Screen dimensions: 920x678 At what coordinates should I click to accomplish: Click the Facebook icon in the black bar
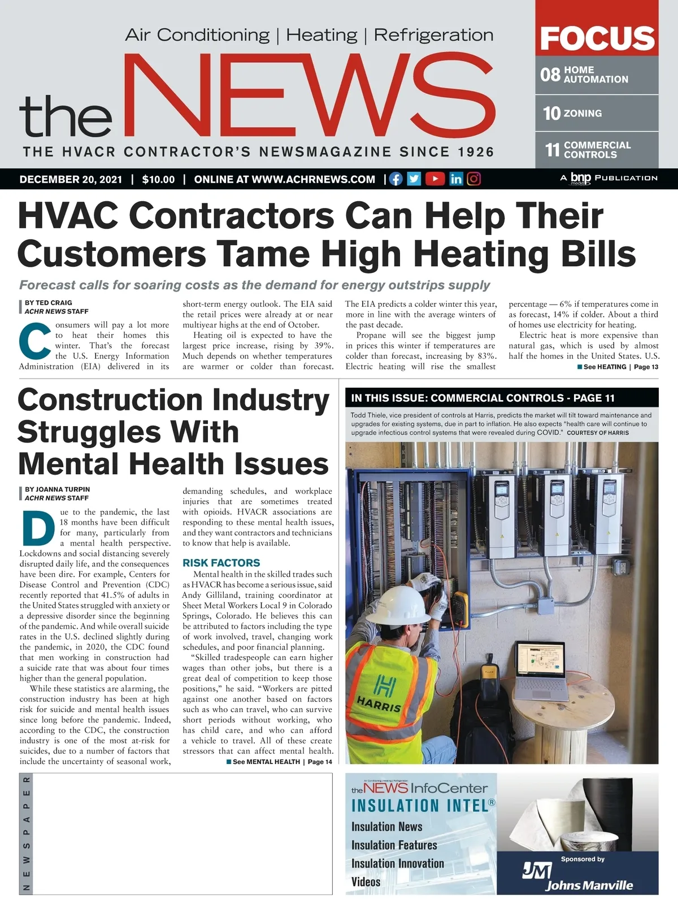coord(396,179)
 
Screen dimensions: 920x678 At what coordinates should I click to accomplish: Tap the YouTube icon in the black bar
coord(434,179)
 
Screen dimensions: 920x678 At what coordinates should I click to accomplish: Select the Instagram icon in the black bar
coord(474,179)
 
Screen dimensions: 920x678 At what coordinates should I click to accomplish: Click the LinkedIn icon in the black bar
coord(455,179)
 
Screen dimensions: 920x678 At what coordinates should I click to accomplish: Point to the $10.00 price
coord(158,180)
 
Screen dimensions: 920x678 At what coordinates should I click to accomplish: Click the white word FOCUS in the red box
coord(597,38)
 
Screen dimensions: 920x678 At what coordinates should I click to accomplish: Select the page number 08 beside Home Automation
coord(550,75)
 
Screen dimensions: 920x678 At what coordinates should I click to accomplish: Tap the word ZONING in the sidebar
coord(583,114)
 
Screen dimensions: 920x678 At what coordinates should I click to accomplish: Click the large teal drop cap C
coord(34,341)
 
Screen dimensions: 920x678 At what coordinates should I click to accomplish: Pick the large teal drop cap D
coord(38,528)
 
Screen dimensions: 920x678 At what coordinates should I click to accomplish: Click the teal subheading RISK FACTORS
coord(221,563)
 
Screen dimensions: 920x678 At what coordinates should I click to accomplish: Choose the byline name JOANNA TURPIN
coord(63,489)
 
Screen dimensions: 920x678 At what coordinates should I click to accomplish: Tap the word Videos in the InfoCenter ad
coord(366,882)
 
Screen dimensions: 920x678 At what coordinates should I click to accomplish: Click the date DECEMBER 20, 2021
coord(71,180)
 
